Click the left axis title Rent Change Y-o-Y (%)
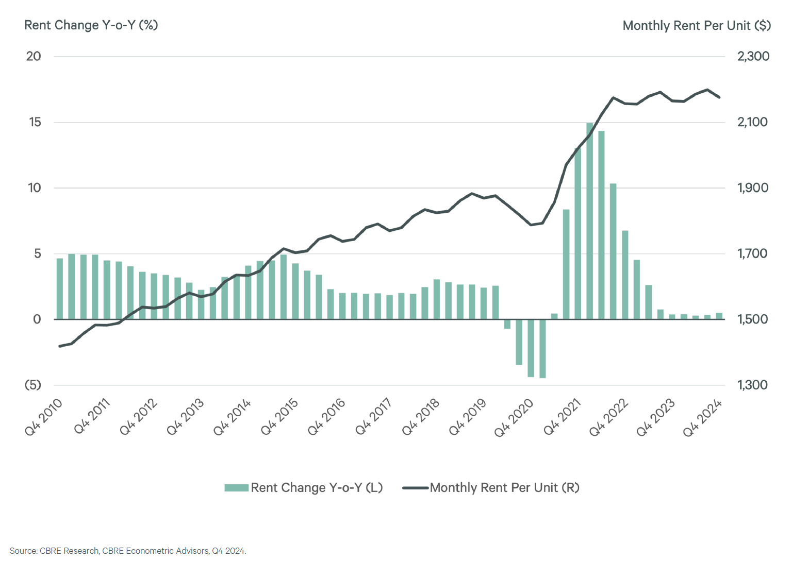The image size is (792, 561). click(x=91, y=25)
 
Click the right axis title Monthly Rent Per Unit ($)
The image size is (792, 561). click(x=696, y=26)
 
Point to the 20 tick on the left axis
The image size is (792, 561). click(x=34, y=56)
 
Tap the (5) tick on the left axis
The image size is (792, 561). click(x=33, y=385)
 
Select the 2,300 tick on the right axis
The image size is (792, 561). click(x=753, y=56)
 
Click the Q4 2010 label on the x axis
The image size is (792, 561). click(x=44, y=417)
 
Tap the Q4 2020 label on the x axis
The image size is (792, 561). click(x=514, y=417)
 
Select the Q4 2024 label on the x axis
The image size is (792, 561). click(x=702, y=417)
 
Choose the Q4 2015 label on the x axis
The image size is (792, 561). click(x=279, y=417)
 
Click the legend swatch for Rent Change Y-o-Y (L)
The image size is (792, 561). click(x=237, y=488)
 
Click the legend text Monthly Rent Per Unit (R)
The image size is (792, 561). click(x=504, y=488)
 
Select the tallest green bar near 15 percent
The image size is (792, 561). click(x=589, y=222)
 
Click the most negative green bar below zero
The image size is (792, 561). click(x=542, y=349)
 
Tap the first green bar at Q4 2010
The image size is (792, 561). click(x=60, y=288)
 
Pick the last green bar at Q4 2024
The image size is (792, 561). click(x=719, y=316)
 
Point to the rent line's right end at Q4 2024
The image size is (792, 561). click(x=719, y=97)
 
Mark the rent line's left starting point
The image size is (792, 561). click(x=60, y=346)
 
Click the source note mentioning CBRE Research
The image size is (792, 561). click(x=128, y=551)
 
